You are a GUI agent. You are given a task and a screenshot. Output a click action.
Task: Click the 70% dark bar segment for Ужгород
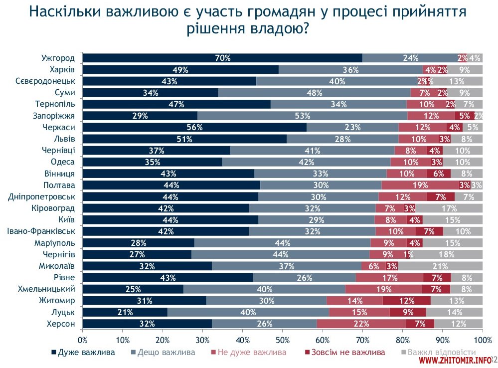tap(222, 58)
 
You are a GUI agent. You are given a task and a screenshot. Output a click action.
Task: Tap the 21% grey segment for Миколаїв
tap(440, 266)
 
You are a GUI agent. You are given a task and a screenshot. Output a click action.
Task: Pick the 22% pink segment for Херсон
tap(361, 324)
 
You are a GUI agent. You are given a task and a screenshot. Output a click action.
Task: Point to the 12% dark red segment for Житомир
tap(406, 300)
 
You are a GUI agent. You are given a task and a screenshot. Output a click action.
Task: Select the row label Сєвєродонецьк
tap(45, 81)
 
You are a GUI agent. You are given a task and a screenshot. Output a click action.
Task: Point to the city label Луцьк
tap(63, 312)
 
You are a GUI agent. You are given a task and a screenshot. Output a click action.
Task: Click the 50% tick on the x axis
tap(282, 340)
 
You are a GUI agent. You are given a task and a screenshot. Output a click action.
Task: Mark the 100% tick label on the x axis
tap(482, 340)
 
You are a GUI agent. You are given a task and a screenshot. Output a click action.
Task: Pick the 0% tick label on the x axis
tap(83, 340)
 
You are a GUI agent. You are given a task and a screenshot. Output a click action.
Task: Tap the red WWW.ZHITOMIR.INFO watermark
tap(455, 360)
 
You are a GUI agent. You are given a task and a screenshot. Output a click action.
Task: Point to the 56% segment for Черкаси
tap(194, 127)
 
